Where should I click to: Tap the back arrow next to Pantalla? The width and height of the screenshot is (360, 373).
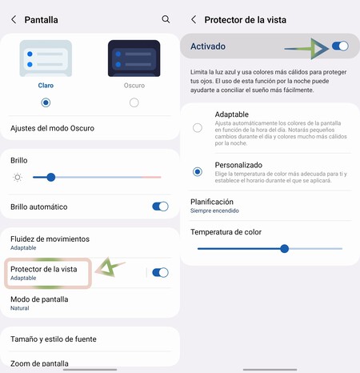pos(13,18)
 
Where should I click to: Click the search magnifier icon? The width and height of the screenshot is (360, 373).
pos(166,18)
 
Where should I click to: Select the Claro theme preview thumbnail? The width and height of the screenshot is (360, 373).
pos(46,58)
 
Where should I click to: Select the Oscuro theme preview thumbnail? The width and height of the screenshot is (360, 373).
pos(134,58)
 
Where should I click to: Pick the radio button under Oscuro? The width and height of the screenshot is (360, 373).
pos(134,102)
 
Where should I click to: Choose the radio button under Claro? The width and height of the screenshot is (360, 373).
pos(46,102)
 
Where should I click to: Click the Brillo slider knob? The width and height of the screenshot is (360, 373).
pos(50,177)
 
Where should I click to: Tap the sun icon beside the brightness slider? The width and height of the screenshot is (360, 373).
pos(18,177)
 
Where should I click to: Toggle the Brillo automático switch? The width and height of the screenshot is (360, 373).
pos(160,207)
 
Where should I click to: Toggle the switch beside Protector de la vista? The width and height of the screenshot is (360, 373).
pos(160,272)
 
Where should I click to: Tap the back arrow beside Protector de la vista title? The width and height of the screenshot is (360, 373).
pos(194,18)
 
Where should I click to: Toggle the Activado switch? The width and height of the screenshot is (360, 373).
pos(340,46)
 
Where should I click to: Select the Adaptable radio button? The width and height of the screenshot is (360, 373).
pos(198,127)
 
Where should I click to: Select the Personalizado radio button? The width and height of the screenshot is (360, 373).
pos(198,171)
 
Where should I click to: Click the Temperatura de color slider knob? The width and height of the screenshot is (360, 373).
pos(285,248)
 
